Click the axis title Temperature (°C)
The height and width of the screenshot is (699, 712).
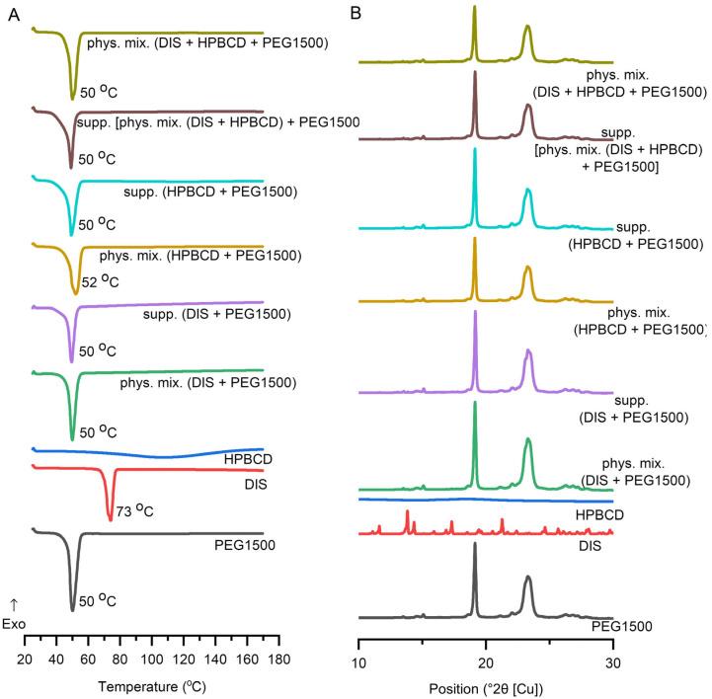[x=152, y=685]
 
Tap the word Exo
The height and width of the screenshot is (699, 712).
[x=15, y=623]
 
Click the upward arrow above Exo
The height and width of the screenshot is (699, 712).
[x=14, y=603]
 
